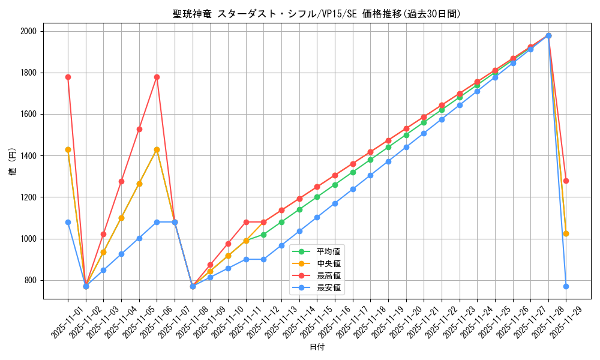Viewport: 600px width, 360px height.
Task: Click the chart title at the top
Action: click(317, 14)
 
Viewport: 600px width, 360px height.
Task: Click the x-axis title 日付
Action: click(317, 347)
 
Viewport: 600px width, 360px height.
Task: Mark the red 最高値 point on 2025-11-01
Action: click(68, 77)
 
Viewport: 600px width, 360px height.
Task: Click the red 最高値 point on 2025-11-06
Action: click(157, 77)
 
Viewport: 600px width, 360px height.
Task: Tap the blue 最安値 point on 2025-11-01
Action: click(68, 222)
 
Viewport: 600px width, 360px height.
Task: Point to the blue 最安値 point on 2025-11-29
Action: click(566, 286)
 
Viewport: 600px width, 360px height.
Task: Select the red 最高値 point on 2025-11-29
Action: click(566, 181)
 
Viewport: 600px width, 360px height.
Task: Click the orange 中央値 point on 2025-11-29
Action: click(566, 233)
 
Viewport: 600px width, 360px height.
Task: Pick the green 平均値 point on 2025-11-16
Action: click(335, 185)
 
